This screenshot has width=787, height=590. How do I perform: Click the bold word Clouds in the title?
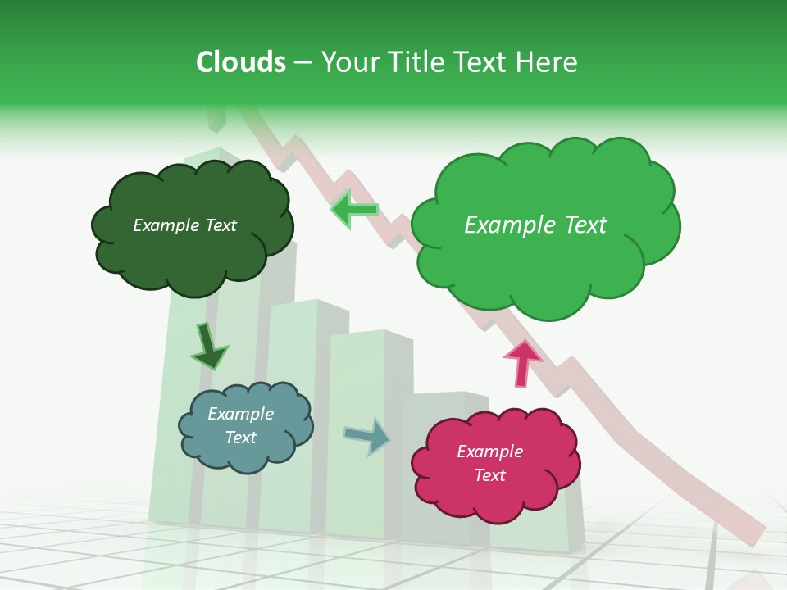[241, 62]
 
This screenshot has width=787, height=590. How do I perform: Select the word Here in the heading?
[548, 62]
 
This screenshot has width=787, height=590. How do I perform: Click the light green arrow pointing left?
[354, 210]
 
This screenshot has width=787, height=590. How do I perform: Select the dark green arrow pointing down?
[208, 347]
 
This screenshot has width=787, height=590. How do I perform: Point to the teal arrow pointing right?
[367, 436]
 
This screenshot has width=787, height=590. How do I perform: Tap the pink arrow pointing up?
[522, 362]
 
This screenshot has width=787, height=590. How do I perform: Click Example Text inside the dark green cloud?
[184, 225]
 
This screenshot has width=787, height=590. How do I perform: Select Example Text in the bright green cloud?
[535, 225]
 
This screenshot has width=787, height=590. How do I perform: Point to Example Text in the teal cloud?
[241, 425]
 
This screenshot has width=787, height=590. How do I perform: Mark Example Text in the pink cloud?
[489, 463]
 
